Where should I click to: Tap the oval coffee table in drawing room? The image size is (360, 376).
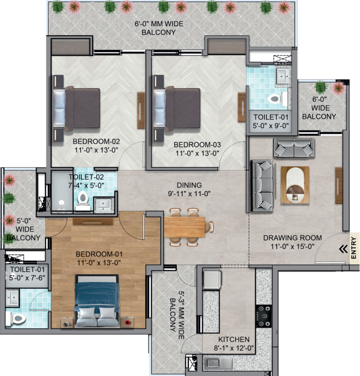(x=295, y=185)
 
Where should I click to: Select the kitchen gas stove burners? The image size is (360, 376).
(x=263, y=316)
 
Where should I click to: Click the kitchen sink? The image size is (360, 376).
(x=218, y=363)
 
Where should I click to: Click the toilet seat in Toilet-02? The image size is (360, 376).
(x=83, y=199)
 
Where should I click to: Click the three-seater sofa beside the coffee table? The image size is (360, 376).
(x=262, y=186)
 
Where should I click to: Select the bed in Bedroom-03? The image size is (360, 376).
(x=177, y=108)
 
